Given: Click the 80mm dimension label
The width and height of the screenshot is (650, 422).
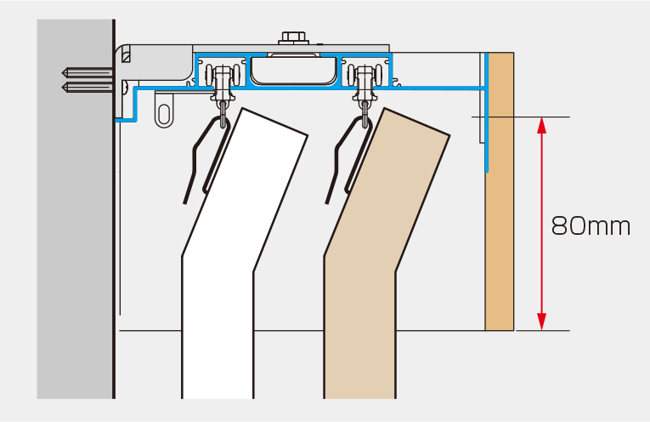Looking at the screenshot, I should coord(591,226).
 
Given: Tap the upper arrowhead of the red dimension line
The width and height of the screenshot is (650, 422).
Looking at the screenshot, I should coord(541,124).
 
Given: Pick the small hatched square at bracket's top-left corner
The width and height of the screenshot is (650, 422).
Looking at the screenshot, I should coord(126,56).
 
